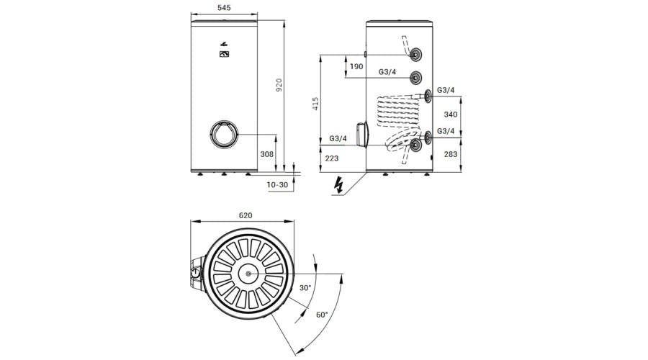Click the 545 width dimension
pos(224,8)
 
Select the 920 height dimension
pos(279,85)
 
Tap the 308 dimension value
pos(267,154)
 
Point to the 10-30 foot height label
pos(277,185)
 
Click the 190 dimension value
pos(356,66)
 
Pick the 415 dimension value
pos(316,104)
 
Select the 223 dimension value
pos(332,158)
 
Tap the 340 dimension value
pos(451,114)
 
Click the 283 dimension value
pos(451,154)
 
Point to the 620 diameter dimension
pos(246,215)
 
